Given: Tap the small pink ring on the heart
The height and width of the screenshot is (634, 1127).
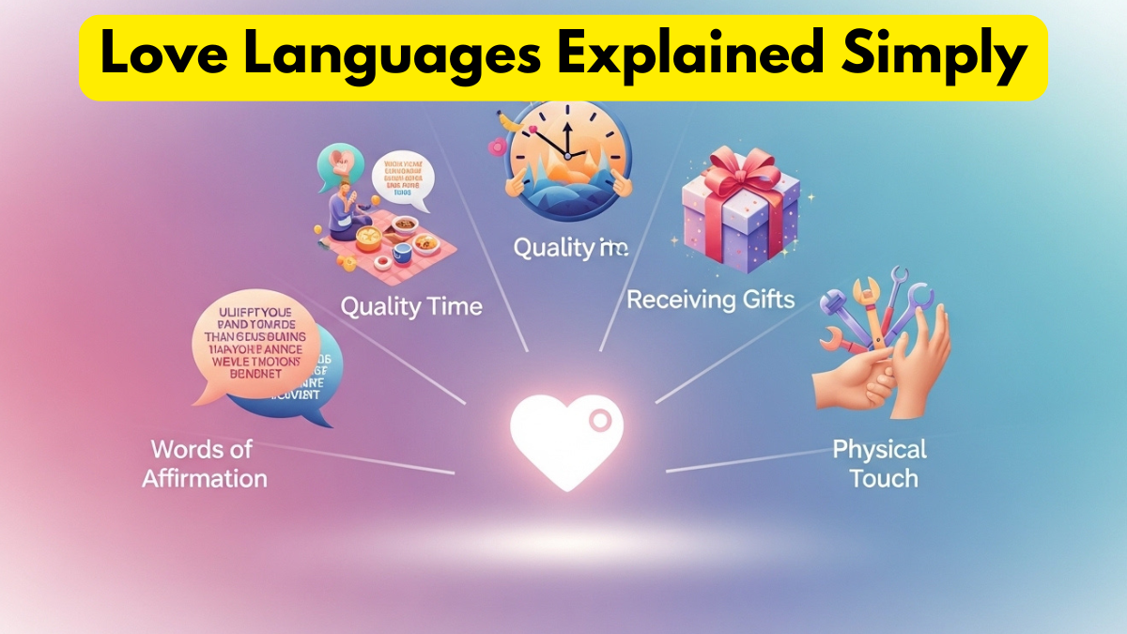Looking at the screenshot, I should [x=598, y=424].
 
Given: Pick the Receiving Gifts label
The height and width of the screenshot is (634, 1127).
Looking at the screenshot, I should [x=710, y=300].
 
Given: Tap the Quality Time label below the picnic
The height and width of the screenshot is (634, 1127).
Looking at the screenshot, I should [x=411, y=306].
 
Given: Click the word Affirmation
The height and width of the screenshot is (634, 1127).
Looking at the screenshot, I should [x=205, y=478].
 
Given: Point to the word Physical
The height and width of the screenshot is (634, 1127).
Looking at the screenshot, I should [x=879, y=449].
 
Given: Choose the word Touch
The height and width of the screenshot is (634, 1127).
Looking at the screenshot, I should [x=883, y=478].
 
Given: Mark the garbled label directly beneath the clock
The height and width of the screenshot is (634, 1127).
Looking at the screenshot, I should [x=569, y=249].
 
